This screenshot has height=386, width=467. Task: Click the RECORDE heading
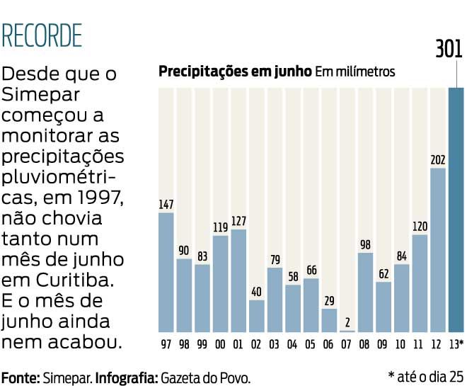pyautogui.click(x=42, y=35)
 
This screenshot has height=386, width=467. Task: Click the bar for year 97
pyautogui.click(x=166, y=272)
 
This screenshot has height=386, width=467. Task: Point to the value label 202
pyautogui.click(x=437, y=160)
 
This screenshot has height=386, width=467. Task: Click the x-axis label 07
pyautogui.click(x=347, y=345)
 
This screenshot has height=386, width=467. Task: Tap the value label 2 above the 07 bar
pyautogui.click(x=347, y=323)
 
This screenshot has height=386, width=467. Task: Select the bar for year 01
pyautogui.click(x=238, y=280)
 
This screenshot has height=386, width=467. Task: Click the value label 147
pyautogui.click(x=166, y=205)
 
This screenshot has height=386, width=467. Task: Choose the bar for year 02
pyautogui.click(x=256, y=316)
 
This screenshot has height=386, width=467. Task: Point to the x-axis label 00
pyautogui.click(x=220, y=345)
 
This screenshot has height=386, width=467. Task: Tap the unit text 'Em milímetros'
pyautogui.click(x=354, y=72)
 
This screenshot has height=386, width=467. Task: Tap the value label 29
pyautogui.click(x=329, y=301)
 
